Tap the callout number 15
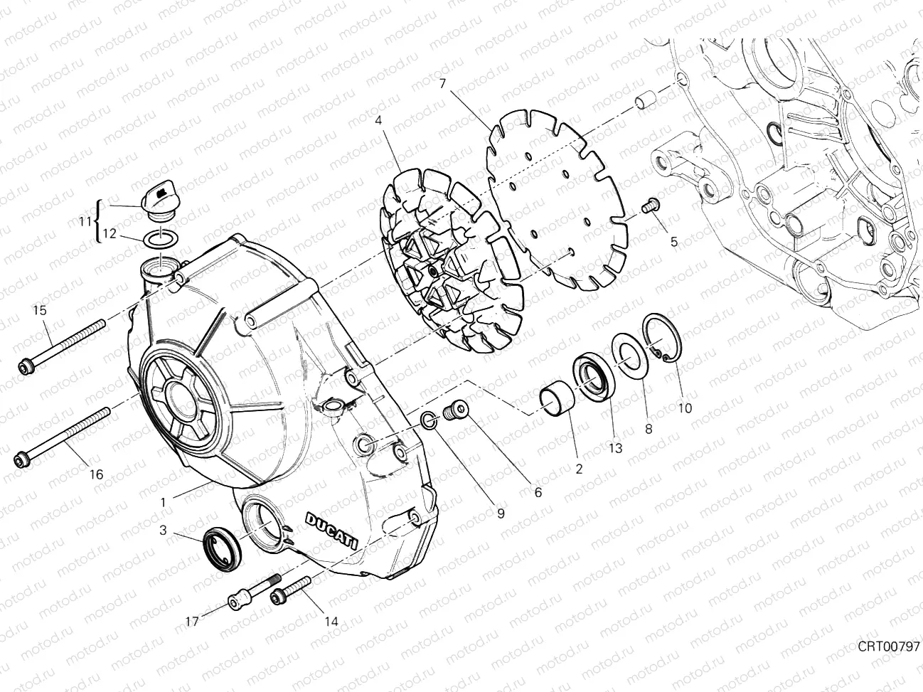(39, 310)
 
